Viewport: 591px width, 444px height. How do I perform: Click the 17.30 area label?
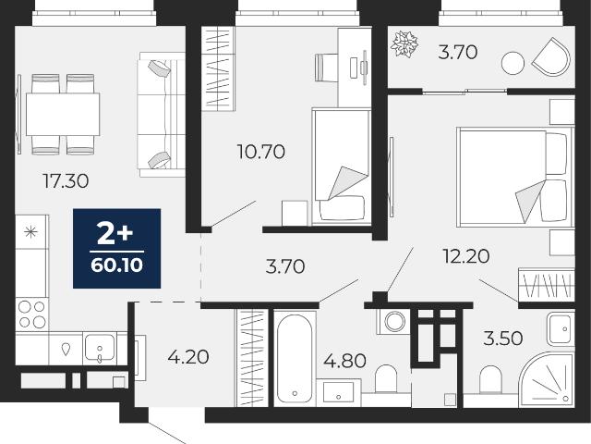pyautogui.click(x=66, y=181)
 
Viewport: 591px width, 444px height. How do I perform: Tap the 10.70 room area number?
pyautogui.click(x=260, y=152)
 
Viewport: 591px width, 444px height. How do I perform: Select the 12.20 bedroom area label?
pyautogui.click(x=465, y=256)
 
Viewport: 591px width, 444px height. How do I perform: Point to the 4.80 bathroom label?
pyautogui.click(x=344, y=361)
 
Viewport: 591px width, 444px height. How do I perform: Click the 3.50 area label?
pyautogui.click(x=502, y=339)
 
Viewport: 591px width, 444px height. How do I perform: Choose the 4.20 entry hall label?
pyautogui.click(x=188, y=357)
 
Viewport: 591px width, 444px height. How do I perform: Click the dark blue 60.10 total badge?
pyautogui.click(x=117, y=249)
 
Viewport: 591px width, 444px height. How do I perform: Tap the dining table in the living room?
pyautogui.click(x=63, y=114)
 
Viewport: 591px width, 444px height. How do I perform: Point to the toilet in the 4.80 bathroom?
pyautogui.click(x=386, y=379)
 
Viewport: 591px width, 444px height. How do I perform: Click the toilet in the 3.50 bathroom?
pyautogui.click(x=490, y=380)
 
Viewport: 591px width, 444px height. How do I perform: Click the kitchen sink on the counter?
pyautogui.click(x=100, y=348)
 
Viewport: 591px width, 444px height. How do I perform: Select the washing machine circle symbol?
pyautogui.click(x=394, y=322)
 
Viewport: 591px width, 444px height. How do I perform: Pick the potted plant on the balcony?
pyautogui.click(x=404, y=43)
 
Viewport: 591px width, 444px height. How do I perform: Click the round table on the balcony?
pyautogui.click(x=513, y=63)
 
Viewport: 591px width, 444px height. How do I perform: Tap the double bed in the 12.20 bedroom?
pyautogui.click(x=515, y=177)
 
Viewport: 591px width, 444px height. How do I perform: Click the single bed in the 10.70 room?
pyautogui.click(x=341, y=166)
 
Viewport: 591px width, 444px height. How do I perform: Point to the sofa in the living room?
pyautogui.click(x=163, y=115)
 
